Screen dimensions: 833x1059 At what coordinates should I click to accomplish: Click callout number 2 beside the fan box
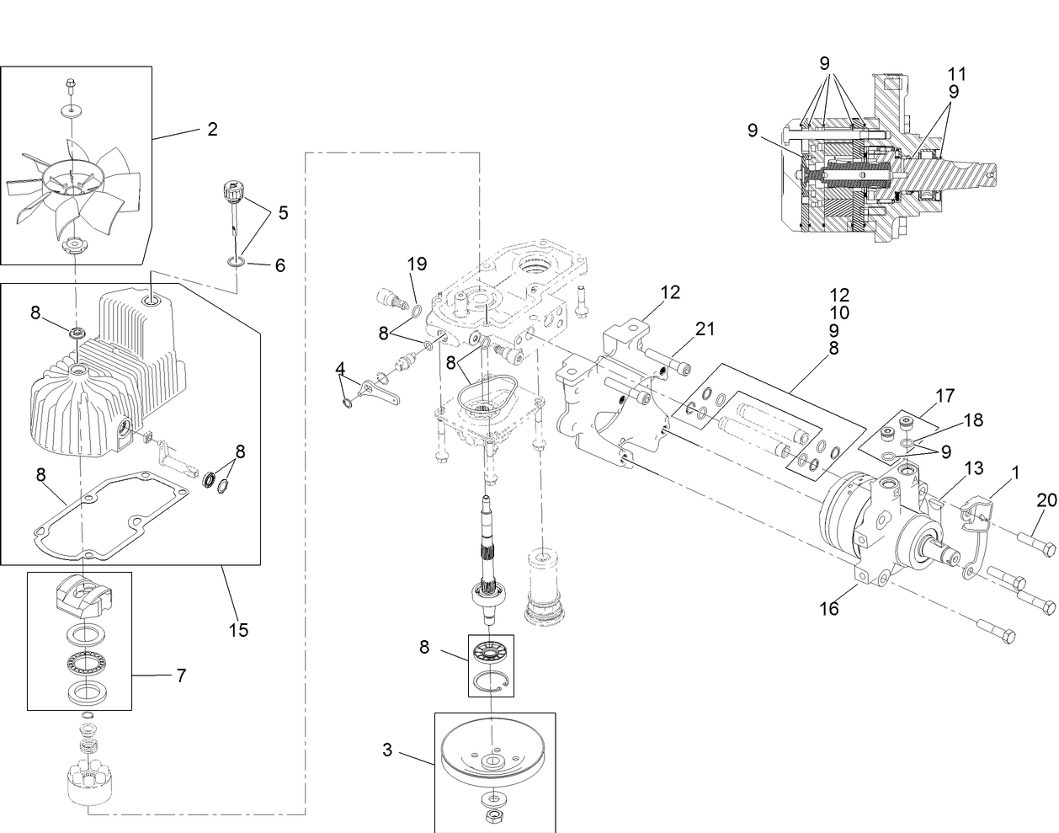click(212, 129)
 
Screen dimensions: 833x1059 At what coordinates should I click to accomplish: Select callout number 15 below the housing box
click(239, 629)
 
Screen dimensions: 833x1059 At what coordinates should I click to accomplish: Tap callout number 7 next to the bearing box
click(181, 675)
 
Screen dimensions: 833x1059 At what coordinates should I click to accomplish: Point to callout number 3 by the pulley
click(387, 750)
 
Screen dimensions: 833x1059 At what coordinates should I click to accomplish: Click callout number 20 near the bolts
click(1046, 499)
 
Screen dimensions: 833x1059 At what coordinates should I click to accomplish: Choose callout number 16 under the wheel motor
click(829, 608)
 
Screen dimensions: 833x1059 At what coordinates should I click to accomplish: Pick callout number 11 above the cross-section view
click(956, 74)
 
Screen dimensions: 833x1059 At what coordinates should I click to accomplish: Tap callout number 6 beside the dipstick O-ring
click(279, 265)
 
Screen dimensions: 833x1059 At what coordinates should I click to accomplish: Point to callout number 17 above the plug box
click(945, 394)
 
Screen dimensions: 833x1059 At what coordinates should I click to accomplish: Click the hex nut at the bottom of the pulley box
click(491, 815)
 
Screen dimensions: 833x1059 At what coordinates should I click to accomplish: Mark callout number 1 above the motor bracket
click(1015, 473)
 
